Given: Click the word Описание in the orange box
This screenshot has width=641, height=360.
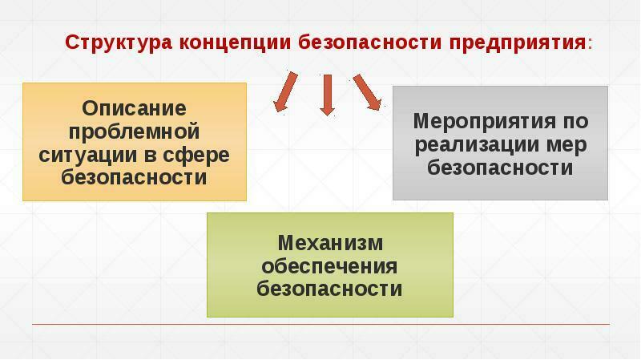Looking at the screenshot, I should tap(135, 107).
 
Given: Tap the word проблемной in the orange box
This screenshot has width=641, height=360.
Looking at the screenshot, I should tap(134, 131).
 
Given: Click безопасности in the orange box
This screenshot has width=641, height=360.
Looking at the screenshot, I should tap(134, 177).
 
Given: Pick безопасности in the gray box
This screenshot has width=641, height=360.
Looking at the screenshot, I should tap(500, 168).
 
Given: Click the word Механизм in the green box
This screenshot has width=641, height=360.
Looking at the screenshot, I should tap(330, 242).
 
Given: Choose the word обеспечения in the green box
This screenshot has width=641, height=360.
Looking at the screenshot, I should tap(330, 265).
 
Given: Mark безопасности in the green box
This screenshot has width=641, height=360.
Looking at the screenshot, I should tap(330, 289).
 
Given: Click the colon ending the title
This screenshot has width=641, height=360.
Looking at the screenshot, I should tap(590, 43).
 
